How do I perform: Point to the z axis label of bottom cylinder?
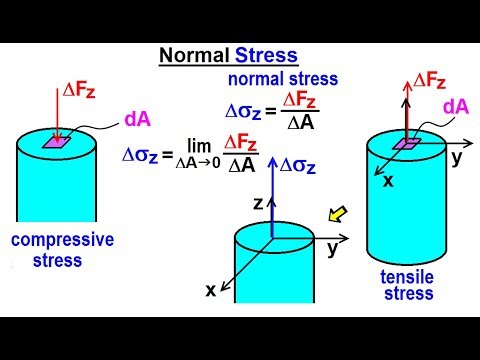click(x=257, y=202)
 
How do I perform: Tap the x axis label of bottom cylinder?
click(x=211, y=289)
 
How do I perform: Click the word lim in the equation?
click(x=196, y=145)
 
